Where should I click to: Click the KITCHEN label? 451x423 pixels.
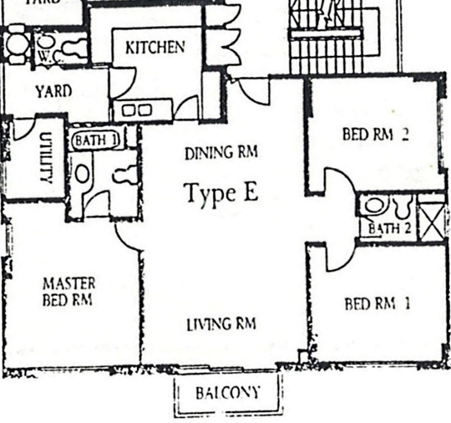click(155, 47)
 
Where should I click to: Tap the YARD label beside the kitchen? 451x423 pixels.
click(54, 91)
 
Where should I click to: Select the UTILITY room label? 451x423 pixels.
click(46, 158)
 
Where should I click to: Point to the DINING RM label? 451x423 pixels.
click(221, 153)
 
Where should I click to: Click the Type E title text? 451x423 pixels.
click(221, 193)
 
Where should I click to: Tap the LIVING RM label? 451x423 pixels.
click(221, 324)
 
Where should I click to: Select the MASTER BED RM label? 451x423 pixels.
click(69, 292)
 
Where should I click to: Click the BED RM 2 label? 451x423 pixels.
click(376, 134)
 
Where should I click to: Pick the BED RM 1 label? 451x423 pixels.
click(377, 304)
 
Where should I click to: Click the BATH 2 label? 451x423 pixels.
click(390, 228)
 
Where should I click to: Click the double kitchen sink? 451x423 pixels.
click(137, 110)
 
